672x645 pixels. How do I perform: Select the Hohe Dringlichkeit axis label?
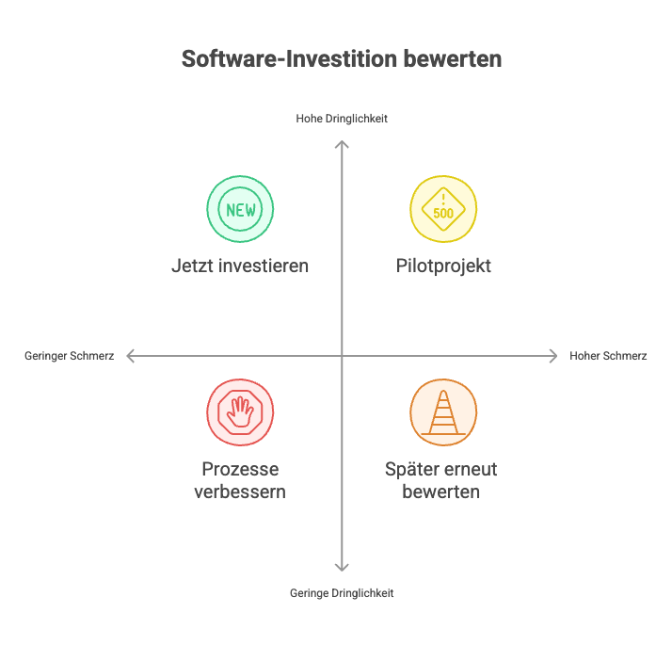tap(342, 119)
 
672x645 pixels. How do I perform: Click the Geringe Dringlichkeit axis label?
tap(342, 593)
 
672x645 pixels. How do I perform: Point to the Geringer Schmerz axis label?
tap(70, 356)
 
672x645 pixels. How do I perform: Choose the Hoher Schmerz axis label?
tap(608, 356)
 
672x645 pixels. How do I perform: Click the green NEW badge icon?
tap(240, 209)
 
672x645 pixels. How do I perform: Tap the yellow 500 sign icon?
tap(443, 209)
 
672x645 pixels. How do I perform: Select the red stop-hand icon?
tap(240, 412)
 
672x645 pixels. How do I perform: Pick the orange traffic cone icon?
tap(443, 412)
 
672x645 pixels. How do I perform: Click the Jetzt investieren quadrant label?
tap(240, 266)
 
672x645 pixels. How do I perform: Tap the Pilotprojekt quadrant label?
tap(443, 266)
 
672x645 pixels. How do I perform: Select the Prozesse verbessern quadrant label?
tap(240, 480)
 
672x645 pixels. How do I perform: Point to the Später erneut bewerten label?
tap(441, 480)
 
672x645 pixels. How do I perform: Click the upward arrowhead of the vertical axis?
tap(342, 144)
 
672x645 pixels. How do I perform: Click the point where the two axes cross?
tap(342, 356)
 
